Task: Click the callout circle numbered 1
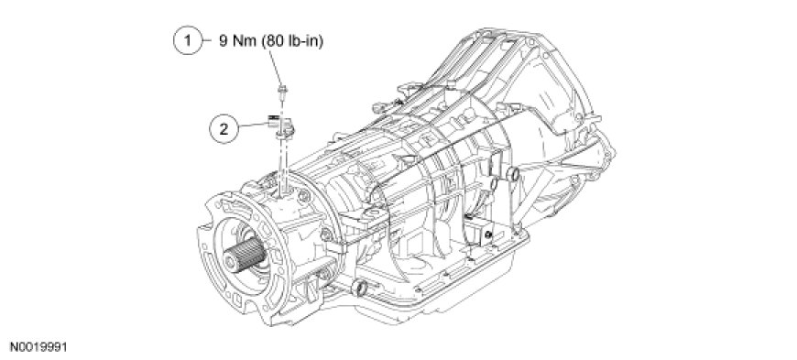(x=189, y=40)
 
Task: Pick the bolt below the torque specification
(x=280, y=93)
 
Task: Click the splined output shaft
(x=246, y=255)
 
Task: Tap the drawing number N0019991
(x=34, y=348)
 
